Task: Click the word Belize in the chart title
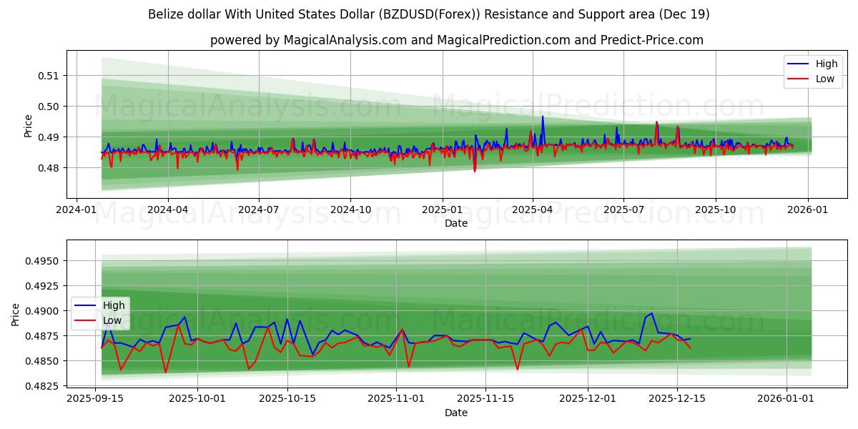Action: tap(166, 14)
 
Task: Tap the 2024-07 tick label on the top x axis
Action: tap(258, 210)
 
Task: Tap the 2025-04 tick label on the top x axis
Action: tap(532, 210)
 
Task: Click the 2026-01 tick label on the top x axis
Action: tap(808, 210)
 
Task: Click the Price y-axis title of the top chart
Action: tap(29, 127)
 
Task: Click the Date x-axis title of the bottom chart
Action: tap(456, 413)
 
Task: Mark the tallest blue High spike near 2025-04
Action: tap(543, 116)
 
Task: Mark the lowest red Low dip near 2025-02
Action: tap(474, 172)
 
